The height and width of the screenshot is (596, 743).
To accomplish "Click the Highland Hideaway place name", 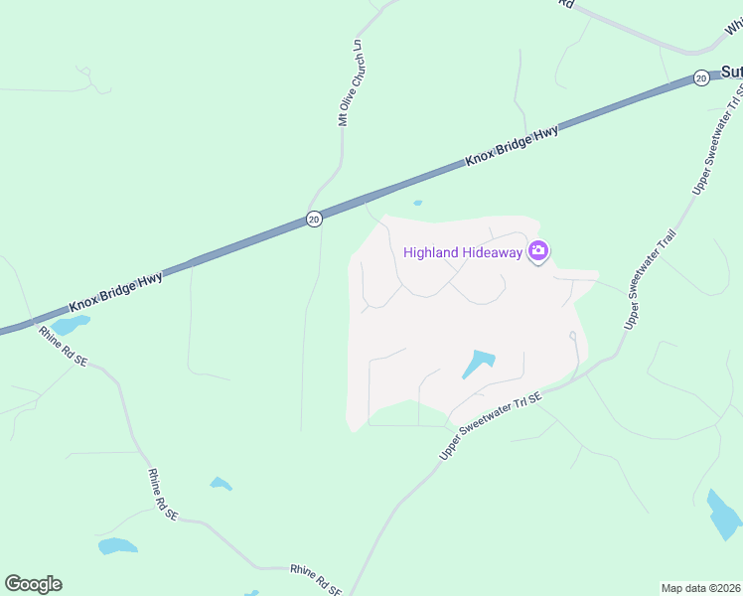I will coord(462,252).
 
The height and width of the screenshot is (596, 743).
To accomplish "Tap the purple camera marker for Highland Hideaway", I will coord(538,251).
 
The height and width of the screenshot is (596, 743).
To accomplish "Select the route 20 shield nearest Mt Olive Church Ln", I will coord(314,219).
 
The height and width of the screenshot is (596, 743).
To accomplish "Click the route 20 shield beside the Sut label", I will coord(701,77).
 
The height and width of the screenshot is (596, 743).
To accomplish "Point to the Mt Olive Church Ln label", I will coord(359,83).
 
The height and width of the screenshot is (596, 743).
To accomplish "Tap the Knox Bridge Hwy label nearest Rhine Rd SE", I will coord(116,294).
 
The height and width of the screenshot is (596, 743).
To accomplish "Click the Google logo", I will coord(33,584).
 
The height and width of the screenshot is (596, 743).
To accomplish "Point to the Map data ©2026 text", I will coord(700,588).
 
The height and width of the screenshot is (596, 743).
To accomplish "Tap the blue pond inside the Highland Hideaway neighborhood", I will coord(478,364).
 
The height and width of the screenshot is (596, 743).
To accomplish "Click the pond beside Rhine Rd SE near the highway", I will coord(70,325).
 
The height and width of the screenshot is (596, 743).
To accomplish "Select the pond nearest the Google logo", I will coord(117,545).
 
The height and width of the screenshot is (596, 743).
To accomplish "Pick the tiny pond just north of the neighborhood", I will coord(417,204).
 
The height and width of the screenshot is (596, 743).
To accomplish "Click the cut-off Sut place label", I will coord(731,73).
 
